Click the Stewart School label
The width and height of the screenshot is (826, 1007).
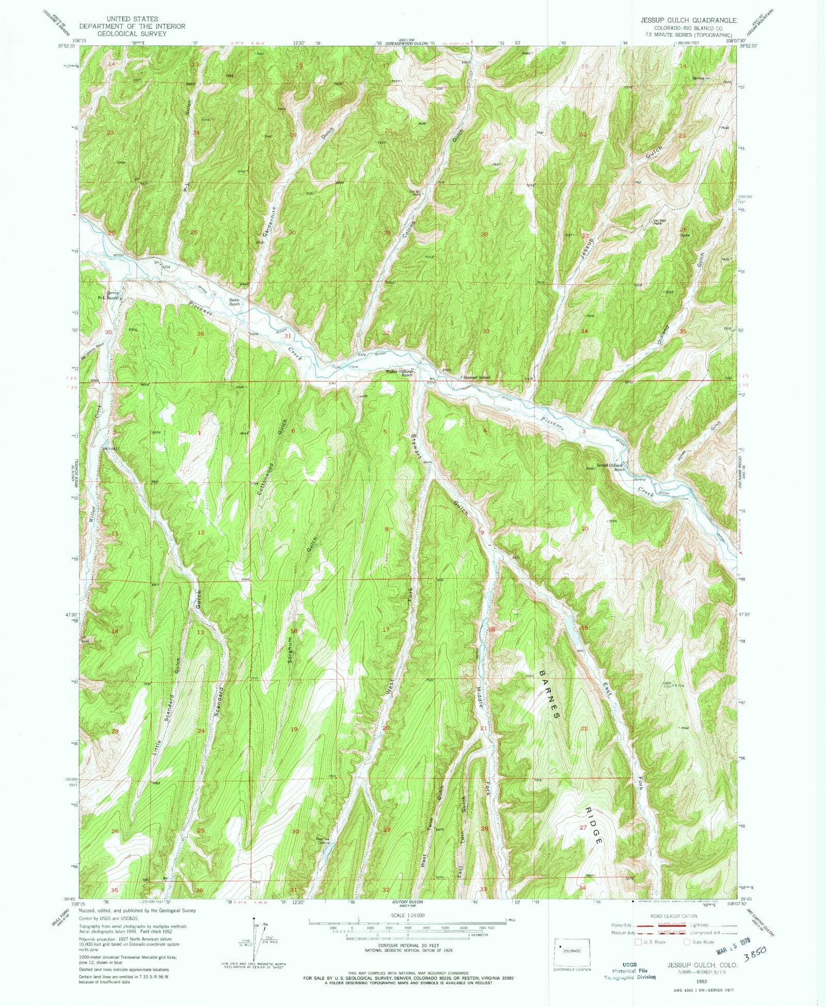[x=475, y=378]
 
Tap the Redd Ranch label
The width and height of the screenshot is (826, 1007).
[x=235, y=302]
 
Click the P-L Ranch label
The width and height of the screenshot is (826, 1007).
[x=109, y=298]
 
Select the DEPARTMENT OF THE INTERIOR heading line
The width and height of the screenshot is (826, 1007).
[x=122, y=26]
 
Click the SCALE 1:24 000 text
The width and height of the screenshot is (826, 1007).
[x=408, y=914]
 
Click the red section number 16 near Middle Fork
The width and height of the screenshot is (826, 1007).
[x=491, y=629]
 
